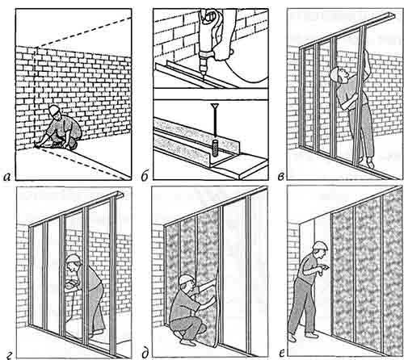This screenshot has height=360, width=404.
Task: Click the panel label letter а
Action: coord(7,177)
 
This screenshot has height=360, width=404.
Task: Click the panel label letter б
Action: coord(145,176)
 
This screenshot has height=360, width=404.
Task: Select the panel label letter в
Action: coord(280,177)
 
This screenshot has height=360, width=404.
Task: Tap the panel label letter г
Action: coord(8,356)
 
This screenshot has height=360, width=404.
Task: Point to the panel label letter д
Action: coord(145,354)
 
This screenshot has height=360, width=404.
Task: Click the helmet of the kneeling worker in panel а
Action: coord(54,110)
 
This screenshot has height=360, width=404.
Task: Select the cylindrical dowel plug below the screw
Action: coord(215,148)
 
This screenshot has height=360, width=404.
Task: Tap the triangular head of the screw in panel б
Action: coord(215,106)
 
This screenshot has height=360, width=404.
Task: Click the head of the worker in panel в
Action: coord(337,74)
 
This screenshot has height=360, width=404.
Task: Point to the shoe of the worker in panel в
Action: coord(371,163)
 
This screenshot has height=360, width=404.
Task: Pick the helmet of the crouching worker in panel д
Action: coord(186,279)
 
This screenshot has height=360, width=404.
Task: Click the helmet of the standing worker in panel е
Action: coord(320,245)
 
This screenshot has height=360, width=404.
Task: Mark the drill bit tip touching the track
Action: coord(204,78)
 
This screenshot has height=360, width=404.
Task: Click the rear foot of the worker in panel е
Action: coord(292,337)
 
